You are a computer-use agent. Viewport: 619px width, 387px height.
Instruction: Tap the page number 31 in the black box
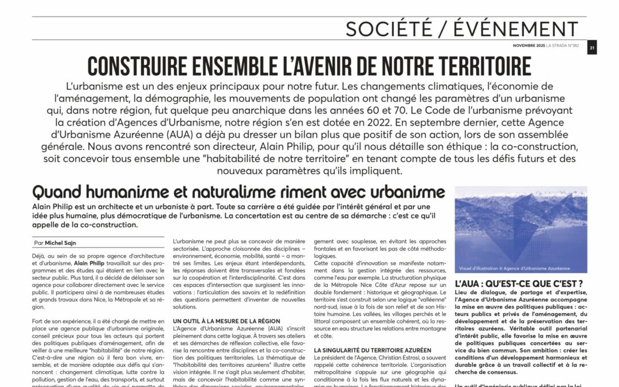(x=592, y=48)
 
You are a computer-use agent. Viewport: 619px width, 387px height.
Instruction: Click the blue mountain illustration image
(x=520, y=229)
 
